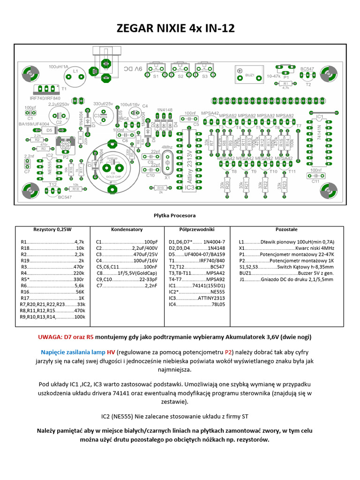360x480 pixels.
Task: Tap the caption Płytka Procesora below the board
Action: (x=175, y=216)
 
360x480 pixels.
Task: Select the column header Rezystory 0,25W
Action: (x=52, y=230)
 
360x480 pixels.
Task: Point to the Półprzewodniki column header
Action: (x=197, y=230)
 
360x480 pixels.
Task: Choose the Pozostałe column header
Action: (x=286, y=230)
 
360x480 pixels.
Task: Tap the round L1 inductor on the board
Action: (x=75, y=72)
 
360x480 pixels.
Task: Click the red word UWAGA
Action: (x=50, y=337)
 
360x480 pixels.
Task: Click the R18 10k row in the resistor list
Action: (x=52, y=248)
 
